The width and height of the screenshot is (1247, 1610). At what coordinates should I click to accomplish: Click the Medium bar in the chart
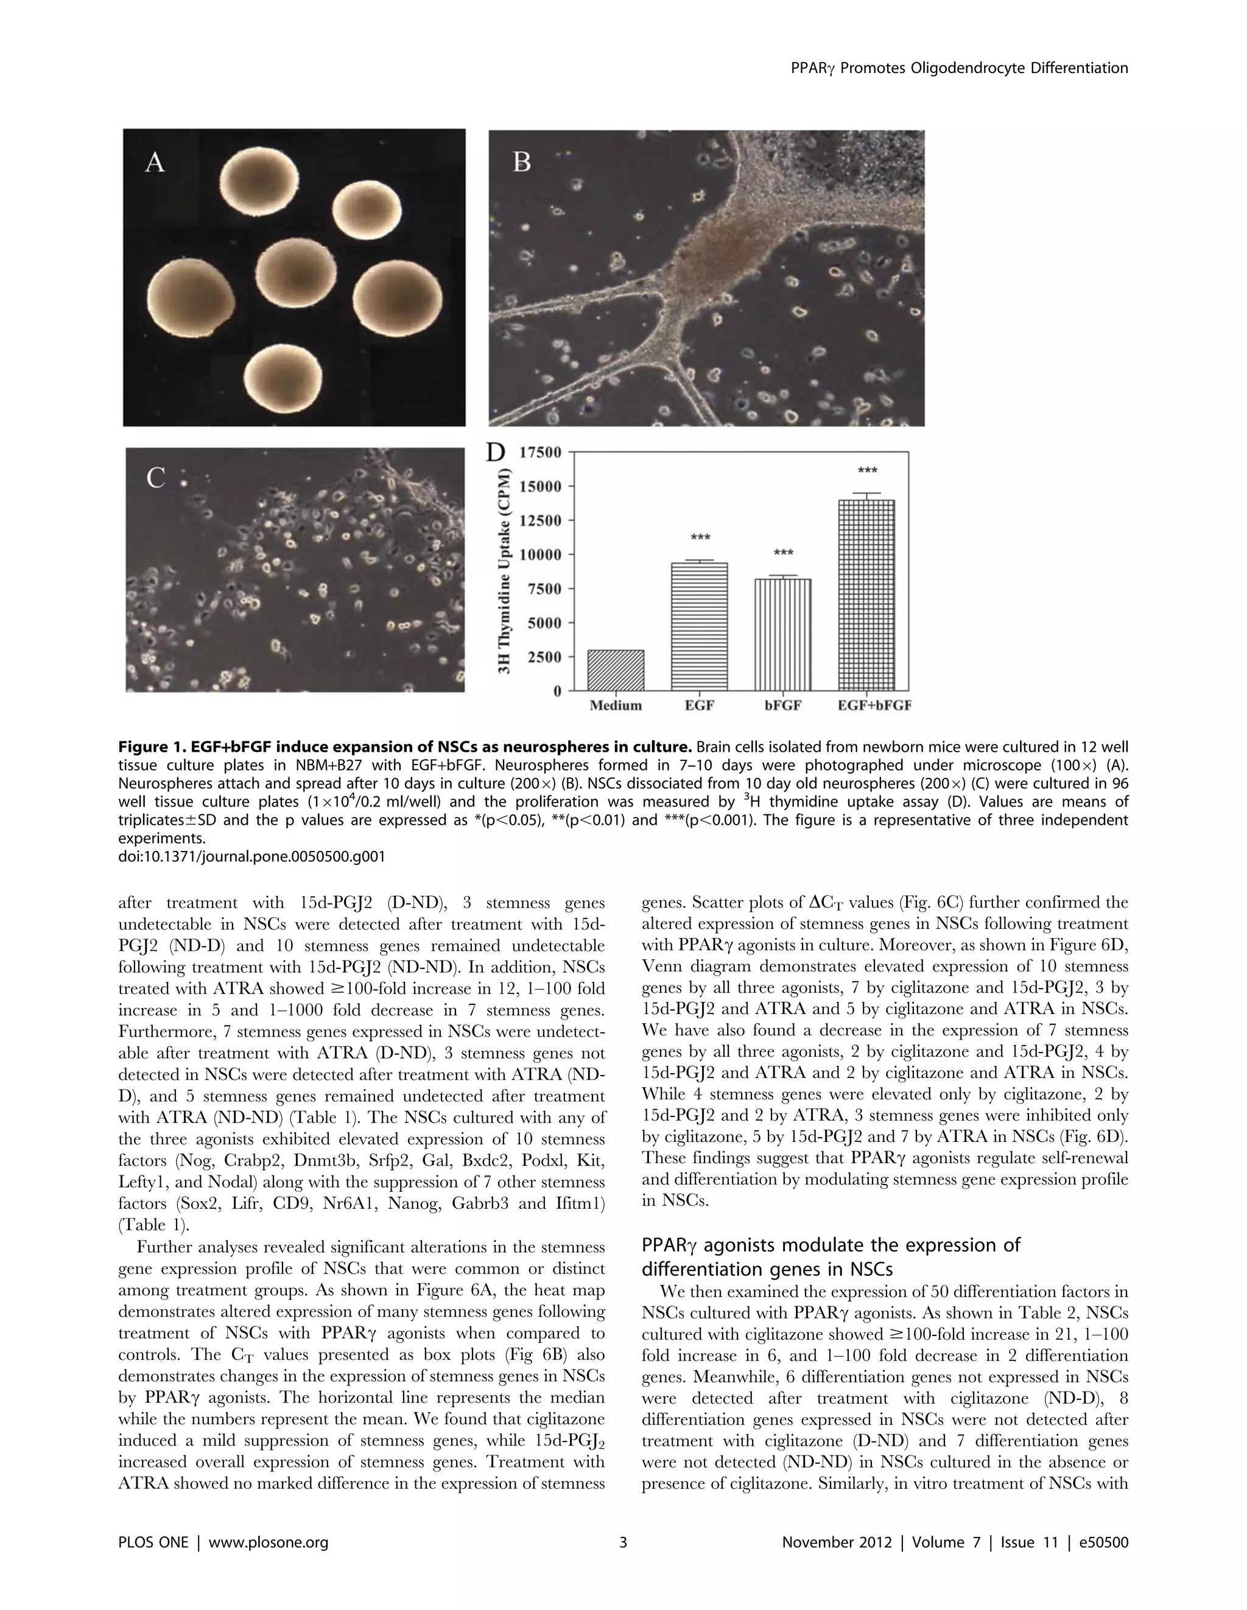(616, 670)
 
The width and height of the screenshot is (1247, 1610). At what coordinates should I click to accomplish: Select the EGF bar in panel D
(699, 626)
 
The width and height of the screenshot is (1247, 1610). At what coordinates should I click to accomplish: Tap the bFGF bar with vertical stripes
(782, 635)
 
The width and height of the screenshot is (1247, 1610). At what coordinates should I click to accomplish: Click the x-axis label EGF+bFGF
(874, 705)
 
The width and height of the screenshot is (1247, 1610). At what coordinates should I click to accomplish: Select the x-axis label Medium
(616, 705)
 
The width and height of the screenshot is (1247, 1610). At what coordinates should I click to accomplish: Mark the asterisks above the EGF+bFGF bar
(867, 471)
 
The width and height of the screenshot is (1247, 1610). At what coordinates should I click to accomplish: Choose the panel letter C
(156, 478)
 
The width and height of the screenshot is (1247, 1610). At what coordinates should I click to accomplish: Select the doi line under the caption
(251, 856)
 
